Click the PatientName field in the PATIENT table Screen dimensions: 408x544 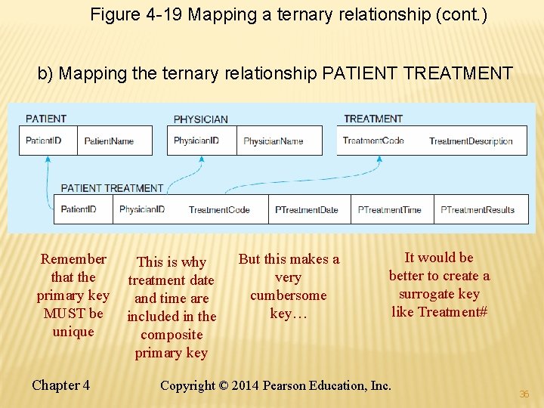click(109, 141)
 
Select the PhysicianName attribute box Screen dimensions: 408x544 click(273, 141)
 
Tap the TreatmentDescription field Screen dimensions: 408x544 click(470, 141)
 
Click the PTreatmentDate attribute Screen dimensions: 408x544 click(306, 209)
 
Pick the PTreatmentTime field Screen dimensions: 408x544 click(389, 209)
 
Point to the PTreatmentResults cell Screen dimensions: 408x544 click(477, 209)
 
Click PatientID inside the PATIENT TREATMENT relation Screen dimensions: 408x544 click(78, 209)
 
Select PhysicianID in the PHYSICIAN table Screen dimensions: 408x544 click(196, 141)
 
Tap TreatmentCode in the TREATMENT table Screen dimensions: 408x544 click(373, 141)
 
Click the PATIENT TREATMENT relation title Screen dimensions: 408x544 click(112, 188)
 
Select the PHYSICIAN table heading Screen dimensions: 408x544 click(200, 119)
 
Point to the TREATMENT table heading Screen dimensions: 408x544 click(373, 119)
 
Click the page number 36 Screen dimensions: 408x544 click(524, 394)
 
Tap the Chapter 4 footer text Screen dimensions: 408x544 click(60, 385)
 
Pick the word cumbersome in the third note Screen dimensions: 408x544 click(288, 295)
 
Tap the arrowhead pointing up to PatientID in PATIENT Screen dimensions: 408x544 click(48, 159)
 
